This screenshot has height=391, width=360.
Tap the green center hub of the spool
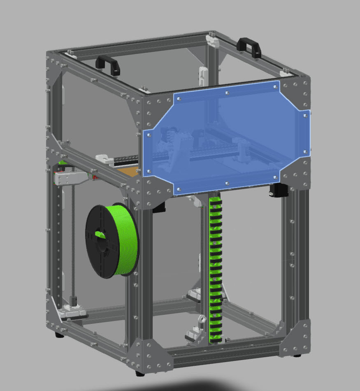pos(100,234)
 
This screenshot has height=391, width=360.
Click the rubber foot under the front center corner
pos(140,373)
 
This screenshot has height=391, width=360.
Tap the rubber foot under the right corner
pos(297,354)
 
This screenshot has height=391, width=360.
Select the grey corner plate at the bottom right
pos(295,337)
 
